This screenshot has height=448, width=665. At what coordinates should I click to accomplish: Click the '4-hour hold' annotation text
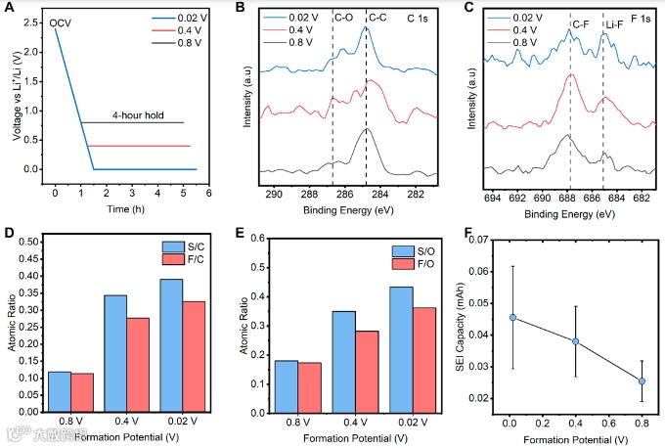[136, 113]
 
